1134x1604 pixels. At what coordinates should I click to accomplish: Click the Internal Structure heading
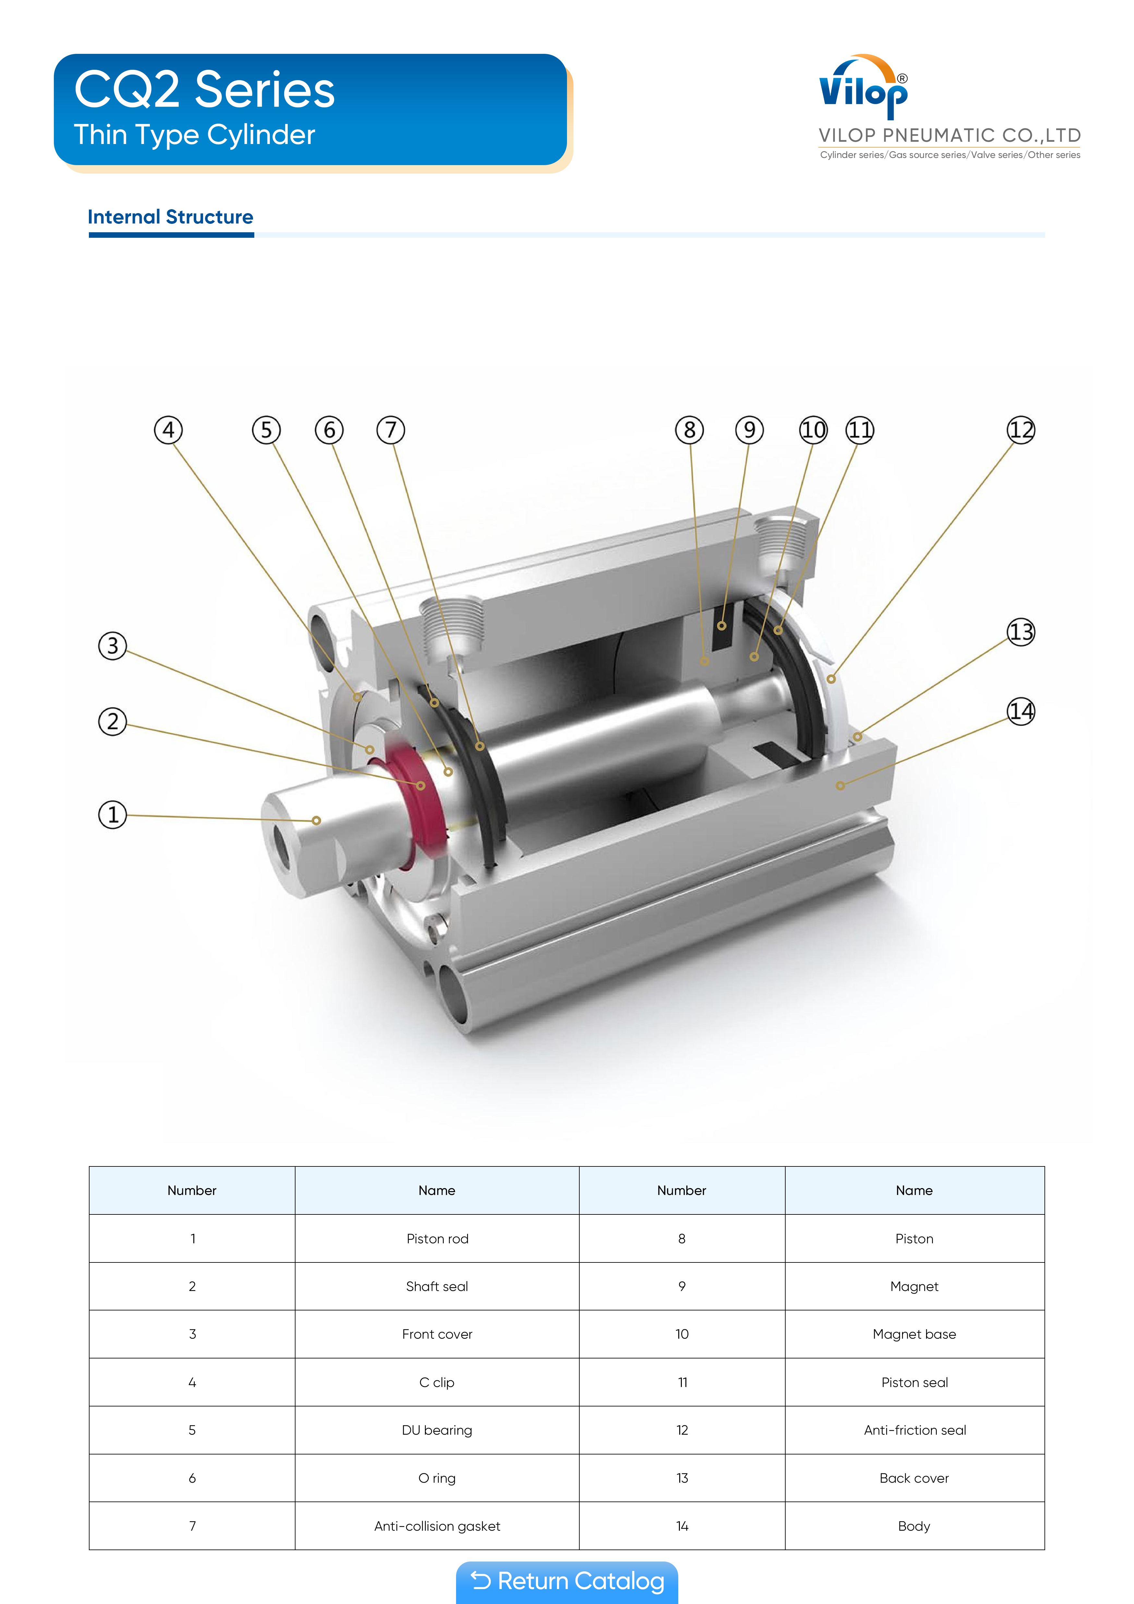[x=171, y=217]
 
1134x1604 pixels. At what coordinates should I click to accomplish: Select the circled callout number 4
[x=168, y=430]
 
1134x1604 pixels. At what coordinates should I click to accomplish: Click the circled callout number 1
[x=113, y=814]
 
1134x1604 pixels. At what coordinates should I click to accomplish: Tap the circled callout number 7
[x=391, y=430]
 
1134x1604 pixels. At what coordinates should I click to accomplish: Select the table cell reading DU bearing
[x=437, y=1430]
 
